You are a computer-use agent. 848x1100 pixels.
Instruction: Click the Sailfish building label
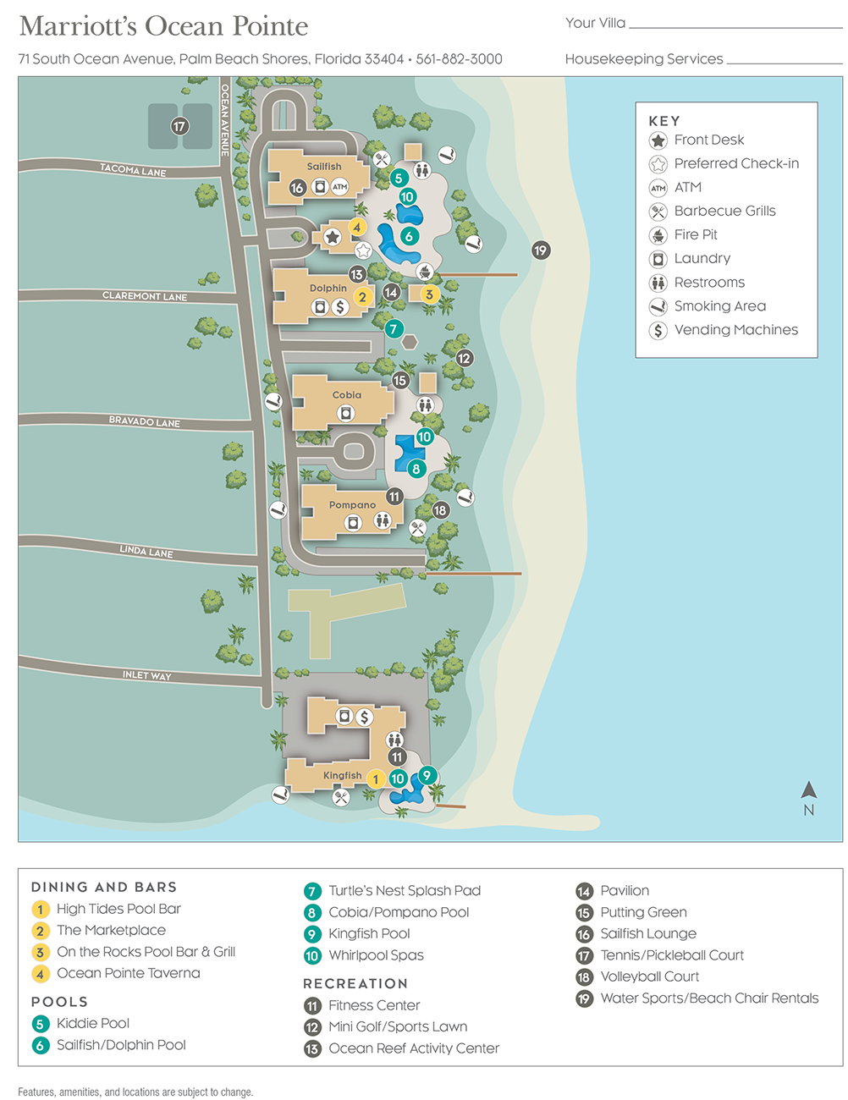pos(324,167)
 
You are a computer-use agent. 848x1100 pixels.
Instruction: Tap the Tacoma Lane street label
pos(133,169)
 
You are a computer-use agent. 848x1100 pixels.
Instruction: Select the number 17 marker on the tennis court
pos(179,126)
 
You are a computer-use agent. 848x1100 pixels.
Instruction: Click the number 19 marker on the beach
pos(541,250)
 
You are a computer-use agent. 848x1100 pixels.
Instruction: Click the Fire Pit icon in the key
pos(658,235)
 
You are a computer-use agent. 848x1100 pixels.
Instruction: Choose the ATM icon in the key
pos(658,188)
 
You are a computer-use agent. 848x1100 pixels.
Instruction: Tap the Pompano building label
pos(352,505)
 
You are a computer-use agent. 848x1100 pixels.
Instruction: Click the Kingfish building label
pos(342,775)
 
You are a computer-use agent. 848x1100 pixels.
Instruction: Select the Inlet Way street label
pos(146,675)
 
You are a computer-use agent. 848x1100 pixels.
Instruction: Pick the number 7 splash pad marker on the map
pos(394,328)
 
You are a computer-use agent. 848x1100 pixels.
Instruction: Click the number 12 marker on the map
pos(464,358)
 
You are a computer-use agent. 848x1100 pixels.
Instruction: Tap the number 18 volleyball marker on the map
pos(440,510)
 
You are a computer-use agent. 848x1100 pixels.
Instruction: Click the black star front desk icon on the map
pos(333,237)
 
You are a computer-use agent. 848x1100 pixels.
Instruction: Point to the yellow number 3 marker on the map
pos(429,294)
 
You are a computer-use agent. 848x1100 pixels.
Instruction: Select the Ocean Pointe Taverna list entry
pos(128,973)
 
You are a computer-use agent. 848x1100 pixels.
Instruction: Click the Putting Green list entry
pos(643,912)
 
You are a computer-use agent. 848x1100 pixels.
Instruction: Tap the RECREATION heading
pos(355,983)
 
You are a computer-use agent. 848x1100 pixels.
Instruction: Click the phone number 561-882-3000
pos(460,59)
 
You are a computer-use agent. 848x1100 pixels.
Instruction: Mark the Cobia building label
pos(347,395)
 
